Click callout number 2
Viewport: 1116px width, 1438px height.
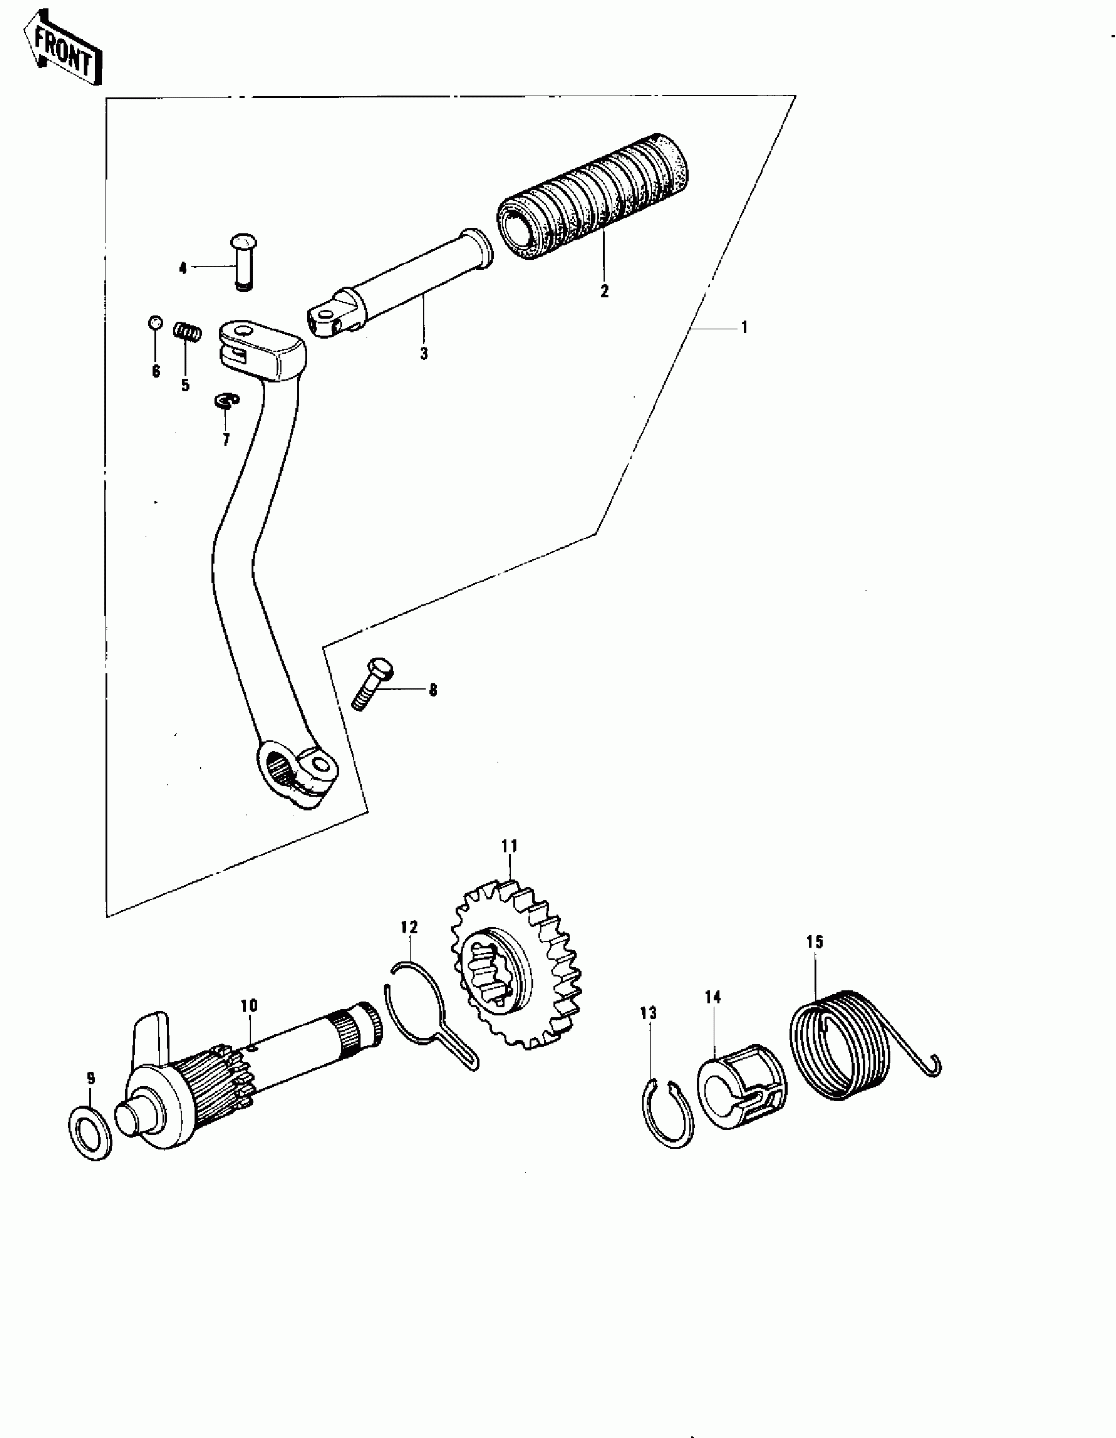(x=605, y=291)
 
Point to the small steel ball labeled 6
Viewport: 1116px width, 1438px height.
(x=154, y=323)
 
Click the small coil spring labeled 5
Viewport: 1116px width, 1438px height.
(x=188, y=331)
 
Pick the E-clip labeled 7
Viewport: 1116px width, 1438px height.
(x=226, y=400)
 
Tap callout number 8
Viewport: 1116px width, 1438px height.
(x=433, y=690)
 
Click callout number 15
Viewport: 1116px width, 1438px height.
(x=815, y=942)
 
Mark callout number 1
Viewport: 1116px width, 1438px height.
(x=744, y=328)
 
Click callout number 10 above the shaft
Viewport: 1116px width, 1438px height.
(x=249, y=1005)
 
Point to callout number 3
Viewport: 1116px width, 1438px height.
(x=424, y=354)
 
